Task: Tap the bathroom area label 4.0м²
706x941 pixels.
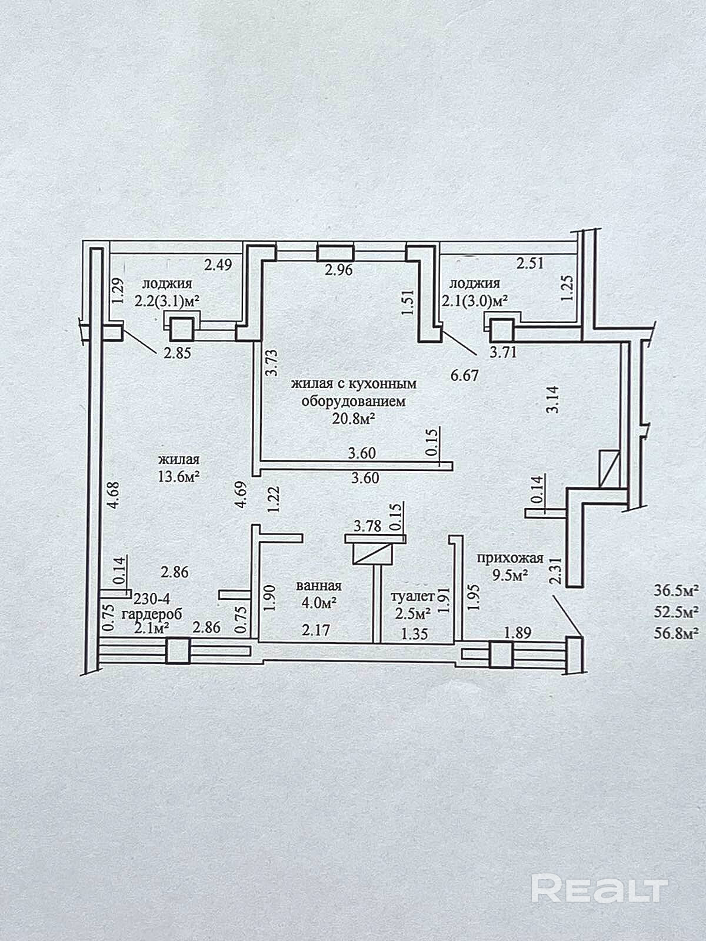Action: click(318, 603)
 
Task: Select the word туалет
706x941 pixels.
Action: click(413, 596)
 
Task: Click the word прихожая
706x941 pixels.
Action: click(510, 558)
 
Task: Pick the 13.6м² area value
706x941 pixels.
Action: click(179, 476)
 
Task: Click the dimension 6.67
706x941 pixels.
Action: click(464, 376)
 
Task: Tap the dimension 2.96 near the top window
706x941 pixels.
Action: click(339, 269)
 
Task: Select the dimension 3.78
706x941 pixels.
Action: click(368, 526)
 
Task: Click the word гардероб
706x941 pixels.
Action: click(152, 614)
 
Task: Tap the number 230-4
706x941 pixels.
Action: click(152, 598)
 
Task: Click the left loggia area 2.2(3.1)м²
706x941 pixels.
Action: click(168, 301)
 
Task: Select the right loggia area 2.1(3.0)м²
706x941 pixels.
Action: click(475, 300)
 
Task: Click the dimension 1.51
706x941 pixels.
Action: click(408, 303)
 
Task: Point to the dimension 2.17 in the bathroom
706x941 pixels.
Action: click(316, 630)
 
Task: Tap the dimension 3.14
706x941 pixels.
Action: click(552, 399)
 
